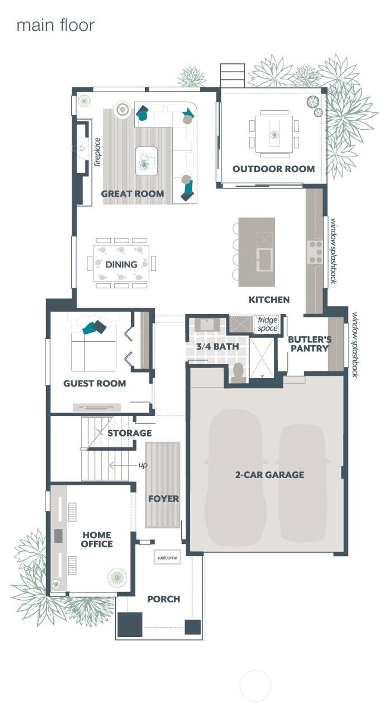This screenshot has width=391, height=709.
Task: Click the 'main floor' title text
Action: click(55, 25)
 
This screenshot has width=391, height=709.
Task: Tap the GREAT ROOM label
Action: click(132, 193)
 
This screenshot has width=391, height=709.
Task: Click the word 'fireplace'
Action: click(97, 152)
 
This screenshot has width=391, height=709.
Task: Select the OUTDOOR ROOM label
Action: click(273, 169)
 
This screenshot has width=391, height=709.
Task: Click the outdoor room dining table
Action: click(274, 134)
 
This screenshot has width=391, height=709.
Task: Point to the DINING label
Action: click(121, 264)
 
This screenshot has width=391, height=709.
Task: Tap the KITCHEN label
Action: click(269, 300)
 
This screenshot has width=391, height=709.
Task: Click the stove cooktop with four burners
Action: click(315, 252)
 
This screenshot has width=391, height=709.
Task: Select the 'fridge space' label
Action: click(267, 324)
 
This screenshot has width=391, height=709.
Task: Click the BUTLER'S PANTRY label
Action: click(309, 343)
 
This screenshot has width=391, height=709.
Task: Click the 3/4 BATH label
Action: click(217, 346)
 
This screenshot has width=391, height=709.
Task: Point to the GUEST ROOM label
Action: click(94, 384)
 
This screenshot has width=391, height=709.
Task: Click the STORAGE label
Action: click(129, 433)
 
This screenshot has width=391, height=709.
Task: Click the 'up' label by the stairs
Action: click(143, 465)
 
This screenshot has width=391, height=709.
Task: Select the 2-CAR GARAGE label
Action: click(270, 475)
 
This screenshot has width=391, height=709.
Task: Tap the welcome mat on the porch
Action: click(167, 558)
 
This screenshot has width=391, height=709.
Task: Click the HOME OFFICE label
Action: click(97, 539)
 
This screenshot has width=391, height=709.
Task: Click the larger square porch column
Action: click(129, 624)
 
